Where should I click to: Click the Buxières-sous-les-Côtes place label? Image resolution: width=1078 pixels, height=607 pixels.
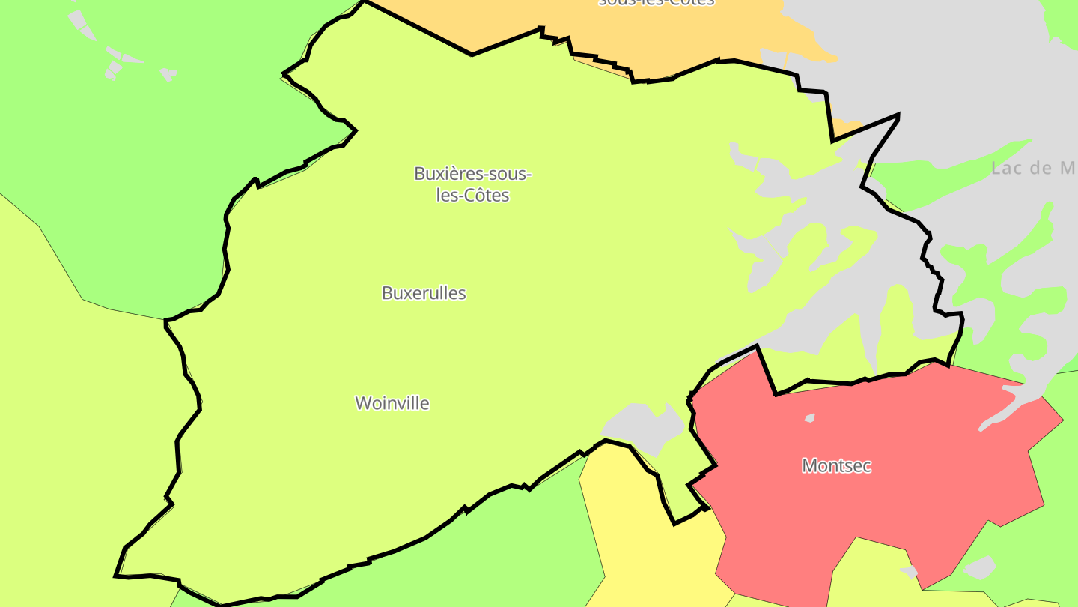click(472, 184)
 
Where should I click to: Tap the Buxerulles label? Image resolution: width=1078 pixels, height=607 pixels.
click(424, 293)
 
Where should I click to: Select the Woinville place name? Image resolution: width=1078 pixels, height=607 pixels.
click(392, 403)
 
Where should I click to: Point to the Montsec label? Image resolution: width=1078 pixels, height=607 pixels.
click(836, 465)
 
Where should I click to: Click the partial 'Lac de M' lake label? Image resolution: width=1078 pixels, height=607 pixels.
click(1033, 169)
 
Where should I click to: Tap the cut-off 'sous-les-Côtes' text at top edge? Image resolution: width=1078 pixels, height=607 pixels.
click(656, 2)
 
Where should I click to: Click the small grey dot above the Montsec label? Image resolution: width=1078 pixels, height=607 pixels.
click(809, 417)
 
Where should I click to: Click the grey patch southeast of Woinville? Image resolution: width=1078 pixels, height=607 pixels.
click(644, 427)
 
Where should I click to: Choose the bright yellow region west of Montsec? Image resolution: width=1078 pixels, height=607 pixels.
click(644, 525)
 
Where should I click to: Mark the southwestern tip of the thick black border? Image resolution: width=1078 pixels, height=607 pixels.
click(115, 576)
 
